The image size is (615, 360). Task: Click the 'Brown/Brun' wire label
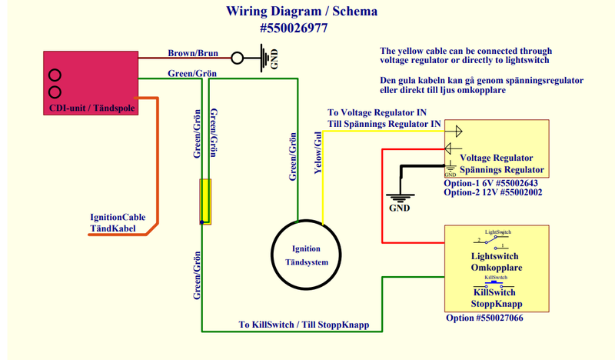point(193,54)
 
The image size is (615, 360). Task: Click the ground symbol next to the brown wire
point(266,57)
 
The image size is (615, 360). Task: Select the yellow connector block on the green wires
point(205,202)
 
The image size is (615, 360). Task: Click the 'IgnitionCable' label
point(118,218)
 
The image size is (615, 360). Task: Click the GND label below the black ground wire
point(400,208)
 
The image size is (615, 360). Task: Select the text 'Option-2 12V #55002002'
point(494,192)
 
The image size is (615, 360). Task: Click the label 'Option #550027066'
point(485,317)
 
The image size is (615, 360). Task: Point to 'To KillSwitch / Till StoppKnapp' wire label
point(306,325)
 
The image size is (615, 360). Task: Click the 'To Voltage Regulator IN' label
point(376,112)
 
